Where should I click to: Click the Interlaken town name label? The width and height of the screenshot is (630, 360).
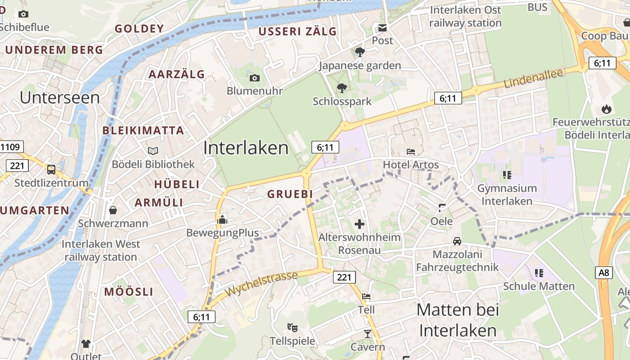point(246,148)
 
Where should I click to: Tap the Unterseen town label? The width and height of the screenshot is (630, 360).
point(60,97)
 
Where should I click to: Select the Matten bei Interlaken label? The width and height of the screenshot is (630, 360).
point(458,320)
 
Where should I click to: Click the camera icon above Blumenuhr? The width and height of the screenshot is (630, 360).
point(254,78)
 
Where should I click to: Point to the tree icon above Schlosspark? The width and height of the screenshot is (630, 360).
point(342,88)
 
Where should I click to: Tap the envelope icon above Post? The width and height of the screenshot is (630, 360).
point(382,28)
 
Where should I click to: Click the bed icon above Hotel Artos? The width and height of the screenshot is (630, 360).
point(410,152)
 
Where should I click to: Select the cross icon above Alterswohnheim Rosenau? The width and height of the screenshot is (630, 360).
point(359,224)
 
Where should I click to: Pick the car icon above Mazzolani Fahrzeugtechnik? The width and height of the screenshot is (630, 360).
point(457,241)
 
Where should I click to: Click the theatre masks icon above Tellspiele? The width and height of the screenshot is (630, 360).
point(292,328)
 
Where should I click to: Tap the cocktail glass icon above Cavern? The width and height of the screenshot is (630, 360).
point(368,333)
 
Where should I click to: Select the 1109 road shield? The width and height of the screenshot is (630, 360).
point(11,147)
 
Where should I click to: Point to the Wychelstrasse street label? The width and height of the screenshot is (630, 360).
point(261,284)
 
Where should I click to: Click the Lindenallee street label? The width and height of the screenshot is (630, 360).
point(533,78)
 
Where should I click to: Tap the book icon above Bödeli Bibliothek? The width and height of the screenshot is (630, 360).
point(153,151)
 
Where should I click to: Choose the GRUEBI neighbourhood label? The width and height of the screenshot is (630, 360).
point(290,194)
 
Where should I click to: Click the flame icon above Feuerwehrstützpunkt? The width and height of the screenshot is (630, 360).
point(606,109)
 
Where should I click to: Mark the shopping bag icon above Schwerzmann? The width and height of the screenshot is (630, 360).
point(112,210)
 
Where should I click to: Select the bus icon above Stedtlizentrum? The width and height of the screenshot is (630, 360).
point(51,170)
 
